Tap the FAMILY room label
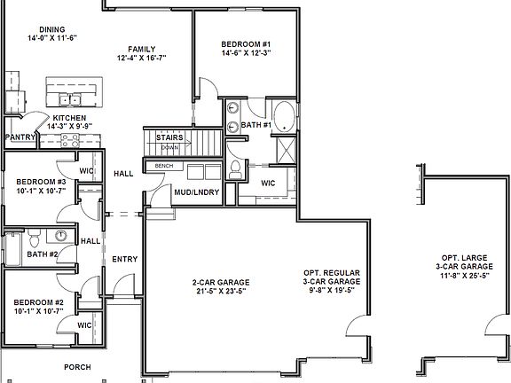[141, 49]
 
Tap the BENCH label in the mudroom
[163, 166]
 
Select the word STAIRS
[169, 138]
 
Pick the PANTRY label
[19, 137]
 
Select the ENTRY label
[124, 259]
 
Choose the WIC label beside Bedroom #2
[85, 324]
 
